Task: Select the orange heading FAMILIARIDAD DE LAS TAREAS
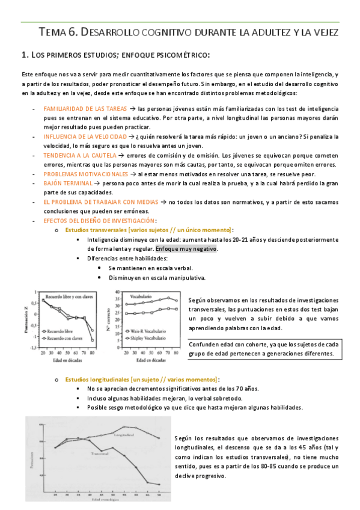(x=84, y=109)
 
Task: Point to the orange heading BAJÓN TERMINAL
(x=68, y=182)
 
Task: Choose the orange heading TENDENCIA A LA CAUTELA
(x=80, y=155)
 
